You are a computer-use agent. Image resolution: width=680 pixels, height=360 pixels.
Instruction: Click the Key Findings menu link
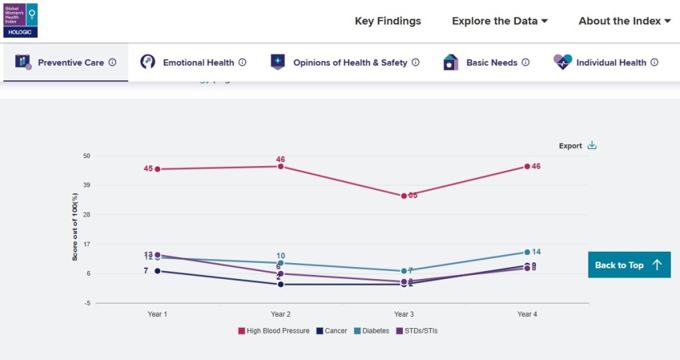[388, 21]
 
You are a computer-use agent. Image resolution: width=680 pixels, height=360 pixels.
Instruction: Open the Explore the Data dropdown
[499, 21]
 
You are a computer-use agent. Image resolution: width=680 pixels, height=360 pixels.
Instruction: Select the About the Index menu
[624, 21]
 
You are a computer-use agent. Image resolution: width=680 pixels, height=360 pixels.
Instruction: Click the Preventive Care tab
[66, 62]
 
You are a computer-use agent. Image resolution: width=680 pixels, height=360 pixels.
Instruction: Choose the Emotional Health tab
[193, 62]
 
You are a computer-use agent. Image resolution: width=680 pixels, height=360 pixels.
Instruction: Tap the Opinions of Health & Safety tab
[345, 62]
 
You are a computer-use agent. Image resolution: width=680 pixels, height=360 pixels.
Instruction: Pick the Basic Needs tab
[486, 62]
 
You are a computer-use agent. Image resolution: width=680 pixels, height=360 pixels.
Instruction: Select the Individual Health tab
[606, 62]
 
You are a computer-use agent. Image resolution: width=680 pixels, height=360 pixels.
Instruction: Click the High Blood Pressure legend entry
[274, 331]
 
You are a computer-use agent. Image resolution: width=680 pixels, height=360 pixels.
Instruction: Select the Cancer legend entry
[332, 331]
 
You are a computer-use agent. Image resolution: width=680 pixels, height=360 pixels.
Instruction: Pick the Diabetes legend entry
[371, 331]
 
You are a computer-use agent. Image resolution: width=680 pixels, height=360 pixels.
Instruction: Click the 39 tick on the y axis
[86, 185]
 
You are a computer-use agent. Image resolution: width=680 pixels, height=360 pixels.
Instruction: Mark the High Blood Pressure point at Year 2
[280, 167]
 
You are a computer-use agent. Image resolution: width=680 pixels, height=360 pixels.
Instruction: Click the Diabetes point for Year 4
[527, 252]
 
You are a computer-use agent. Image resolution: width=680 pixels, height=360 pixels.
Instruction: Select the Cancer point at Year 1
[157, 271]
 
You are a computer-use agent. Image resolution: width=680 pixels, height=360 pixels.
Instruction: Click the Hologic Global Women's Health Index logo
[21, 20]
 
